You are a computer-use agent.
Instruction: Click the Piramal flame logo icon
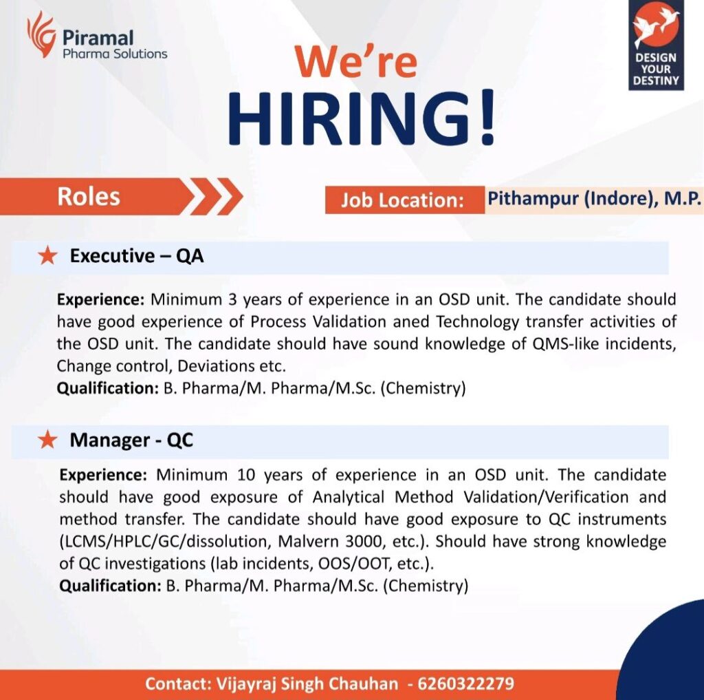click(41, 34)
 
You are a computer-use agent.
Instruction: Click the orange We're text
click(357, 61)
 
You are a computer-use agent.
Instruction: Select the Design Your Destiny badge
click(655, 45)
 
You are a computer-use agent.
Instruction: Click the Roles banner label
click(89, 197)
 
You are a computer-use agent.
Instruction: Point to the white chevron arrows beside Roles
click(215, 198)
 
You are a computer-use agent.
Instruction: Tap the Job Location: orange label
click(402, 200)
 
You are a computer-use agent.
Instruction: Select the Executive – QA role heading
click(137, 257)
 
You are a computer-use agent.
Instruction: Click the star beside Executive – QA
click(47, 257)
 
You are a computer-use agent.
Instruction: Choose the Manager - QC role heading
click(131, 441)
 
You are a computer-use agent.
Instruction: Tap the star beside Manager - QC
click(47, 441)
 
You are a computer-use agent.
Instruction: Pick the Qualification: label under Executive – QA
click(107, 388)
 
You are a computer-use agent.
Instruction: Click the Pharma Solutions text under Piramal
click(115, 53)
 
